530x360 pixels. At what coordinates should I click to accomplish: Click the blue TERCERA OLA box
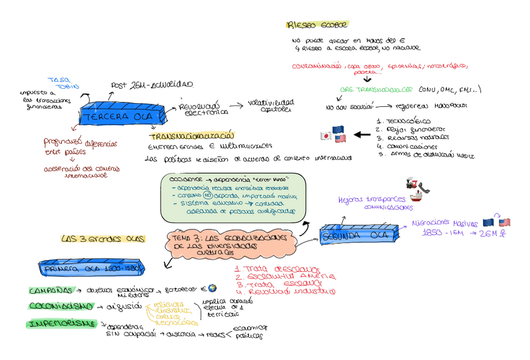(x=122, y=117)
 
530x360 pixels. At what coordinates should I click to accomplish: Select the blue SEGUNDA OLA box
(x=357, y=236)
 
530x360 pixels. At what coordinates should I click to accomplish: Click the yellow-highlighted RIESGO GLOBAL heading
(x=307, y=25)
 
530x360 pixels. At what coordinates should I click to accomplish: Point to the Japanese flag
(x=325, y=136)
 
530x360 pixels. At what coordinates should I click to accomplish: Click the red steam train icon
(x=412, y=181)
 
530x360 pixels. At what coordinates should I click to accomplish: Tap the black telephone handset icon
(x=426, y=186)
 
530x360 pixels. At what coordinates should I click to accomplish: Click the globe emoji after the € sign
(x=212, y=288)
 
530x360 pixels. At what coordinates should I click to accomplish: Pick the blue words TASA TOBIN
(x=62, y=83)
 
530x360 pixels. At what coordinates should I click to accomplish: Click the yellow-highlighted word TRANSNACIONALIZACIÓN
(x=191, y=136)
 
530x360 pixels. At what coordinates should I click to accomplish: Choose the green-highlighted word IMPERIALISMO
(x=61, y=323)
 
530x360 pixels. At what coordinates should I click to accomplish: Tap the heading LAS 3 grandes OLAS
(x=102, y=239)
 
